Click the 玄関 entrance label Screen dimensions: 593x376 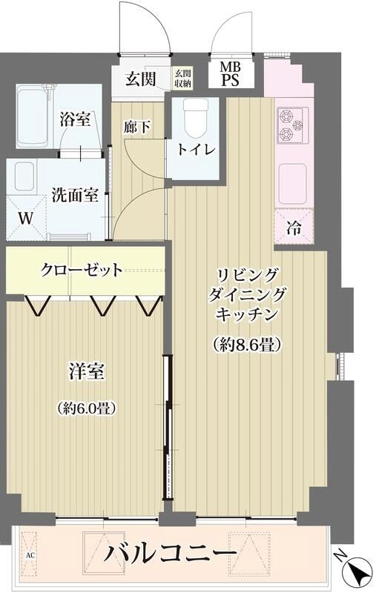[x=139, y=79]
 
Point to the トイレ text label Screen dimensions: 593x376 [x=196, y=149]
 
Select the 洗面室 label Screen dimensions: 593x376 [x=75, y=196]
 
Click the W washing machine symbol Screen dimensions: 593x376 [x=25, y=219]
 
